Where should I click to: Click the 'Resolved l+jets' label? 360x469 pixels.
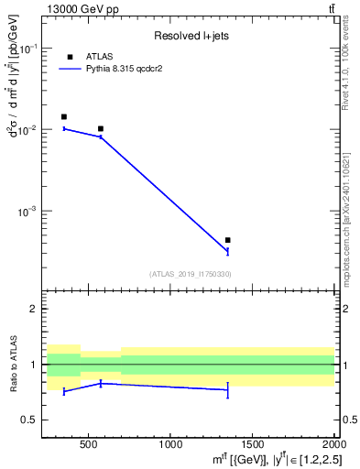click(191, 36)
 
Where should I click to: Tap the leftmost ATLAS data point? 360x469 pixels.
click(63, 116)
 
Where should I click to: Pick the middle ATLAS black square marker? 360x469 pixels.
click(101, 128)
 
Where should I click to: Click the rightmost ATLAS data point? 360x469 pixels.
click(227, 240)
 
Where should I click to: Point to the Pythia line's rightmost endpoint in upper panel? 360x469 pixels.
click(227, 250)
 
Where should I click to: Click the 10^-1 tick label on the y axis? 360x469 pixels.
click(28, 49)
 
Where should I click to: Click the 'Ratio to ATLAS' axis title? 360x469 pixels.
click(12, 365)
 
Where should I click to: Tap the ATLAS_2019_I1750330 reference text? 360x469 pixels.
click(191, 274)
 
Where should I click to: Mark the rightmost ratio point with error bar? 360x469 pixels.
click(227, 390)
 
